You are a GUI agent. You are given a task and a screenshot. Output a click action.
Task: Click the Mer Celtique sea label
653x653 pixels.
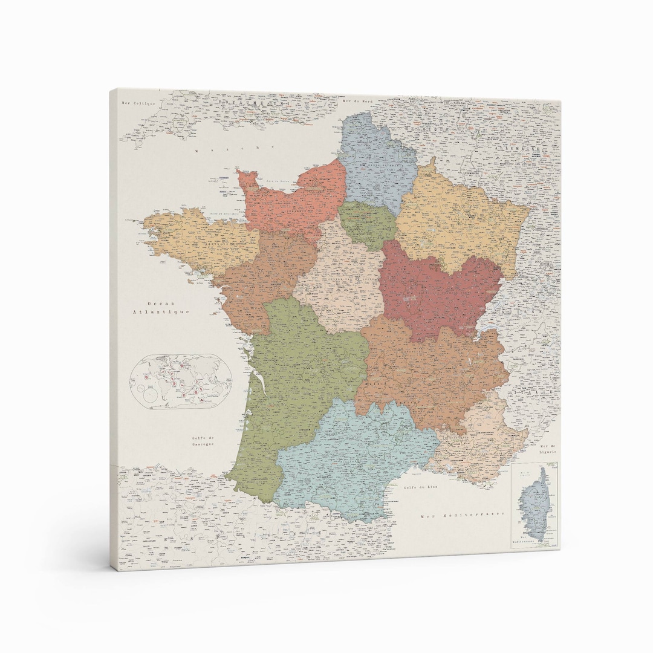click(x=138, y=103)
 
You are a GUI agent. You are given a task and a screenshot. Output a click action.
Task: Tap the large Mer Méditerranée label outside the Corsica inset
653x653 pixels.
click(x=463, y=515)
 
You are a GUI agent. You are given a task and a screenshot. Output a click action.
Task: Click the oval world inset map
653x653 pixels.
click(x=180, y=381)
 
